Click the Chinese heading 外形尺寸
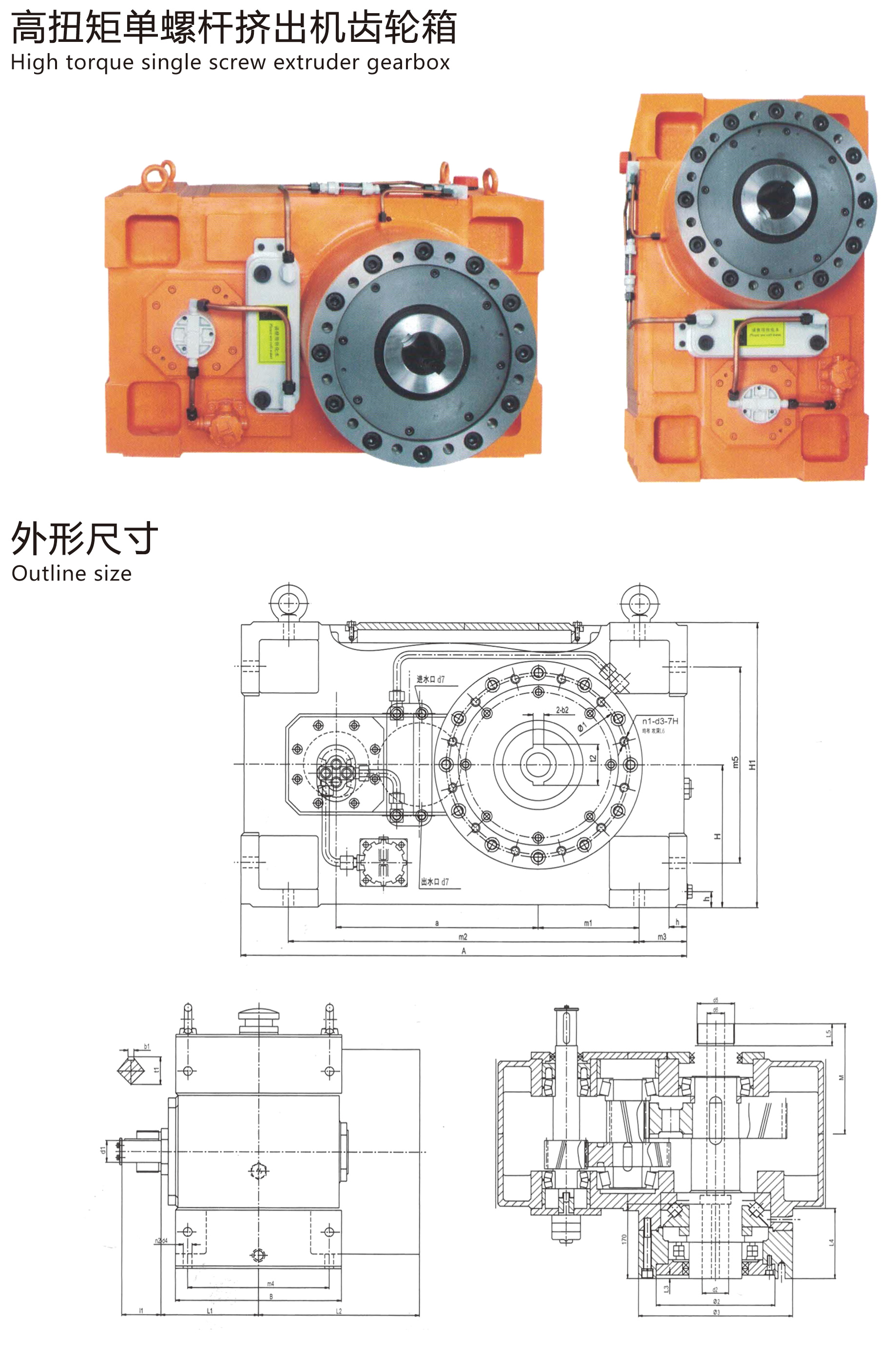(x=84, y=538)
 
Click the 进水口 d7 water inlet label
(x=430, y=679)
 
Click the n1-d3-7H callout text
(x=660, y=721)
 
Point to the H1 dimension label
(x=752, y=765)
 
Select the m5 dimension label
(x=735, y=762)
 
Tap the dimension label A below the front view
(x=463, y=951)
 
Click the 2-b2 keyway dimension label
(x=562, y=710)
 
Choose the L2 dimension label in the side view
(x=339, y=1311)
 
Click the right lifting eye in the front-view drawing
(x=639, y=603)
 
